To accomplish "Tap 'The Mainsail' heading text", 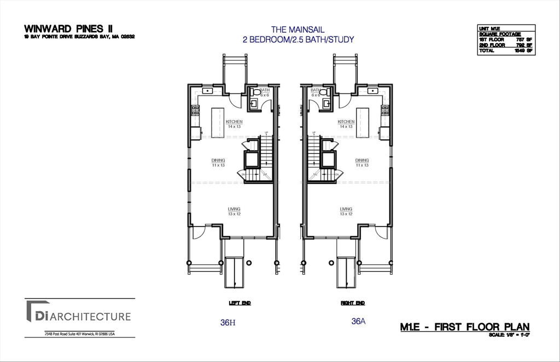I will point(298,29).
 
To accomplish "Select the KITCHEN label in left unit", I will point(234,122).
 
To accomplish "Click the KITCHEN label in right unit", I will point(346,122).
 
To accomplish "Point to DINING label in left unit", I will point(219,161).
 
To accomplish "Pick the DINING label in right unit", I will point(362,161).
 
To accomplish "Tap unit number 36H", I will point(227,323).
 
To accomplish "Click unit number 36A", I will point(358,322).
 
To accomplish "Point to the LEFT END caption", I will point(240,302).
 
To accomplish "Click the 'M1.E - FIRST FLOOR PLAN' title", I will point(465,327).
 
